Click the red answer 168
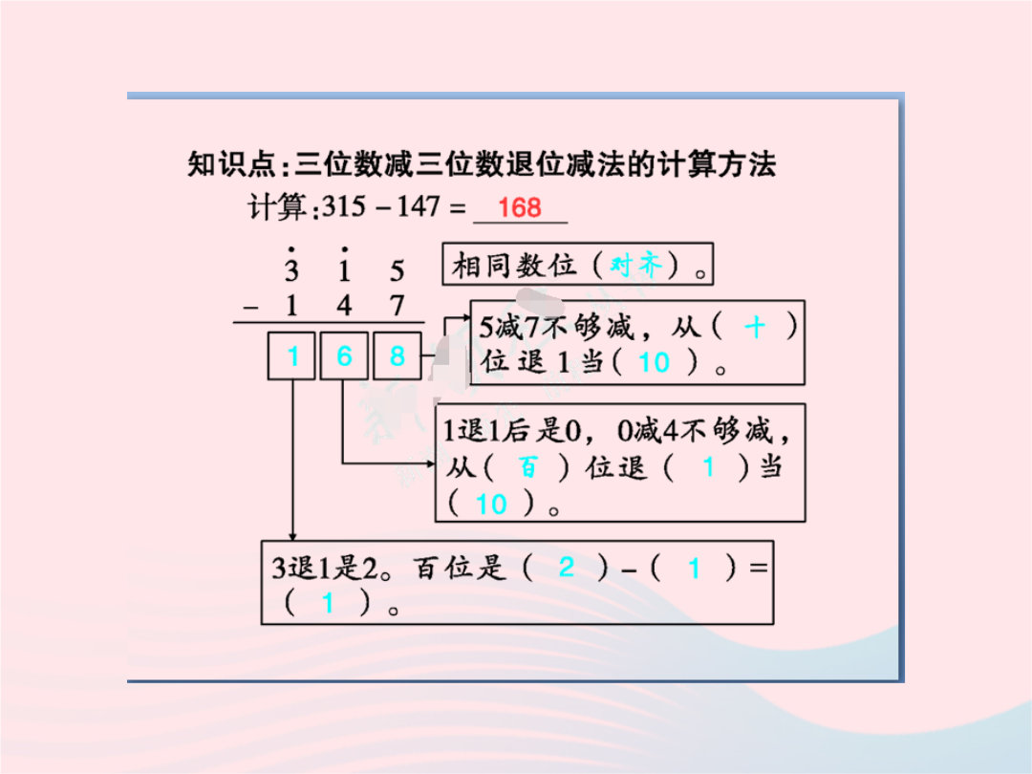(x=520, y=208)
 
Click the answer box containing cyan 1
(x=291, y=356)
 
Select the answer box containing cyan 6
(x=344, y=356)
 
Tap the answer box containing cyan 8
(x=397, y=356)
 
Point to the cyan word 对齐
(x=635, y=265)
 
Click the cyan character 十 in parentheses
(x=755, y=327)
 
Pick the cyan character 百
(x=527, y=467)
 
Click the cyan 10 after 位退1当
(x=655, y=363)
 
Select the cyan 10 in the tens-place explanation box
(x=491, y=505)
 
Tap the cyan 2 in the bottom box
(x=566, y=567)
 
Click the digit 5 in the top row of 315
(x=397, y=271)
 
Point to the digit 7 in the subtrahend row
(x=397, y=306)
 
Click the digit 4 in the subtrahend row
(x=344, y=306)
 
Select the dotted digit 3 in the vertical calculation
(x=291, y=265)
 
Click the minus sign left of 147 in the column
(x=250, y=307)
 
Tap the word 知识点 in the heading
(x=231, y=164)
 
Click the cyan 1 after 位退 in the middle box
(x=708, y=467)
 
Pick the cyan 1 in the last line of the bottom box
(x=328, y=603)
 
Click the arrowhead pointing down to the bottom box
(x=292, y=536)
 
